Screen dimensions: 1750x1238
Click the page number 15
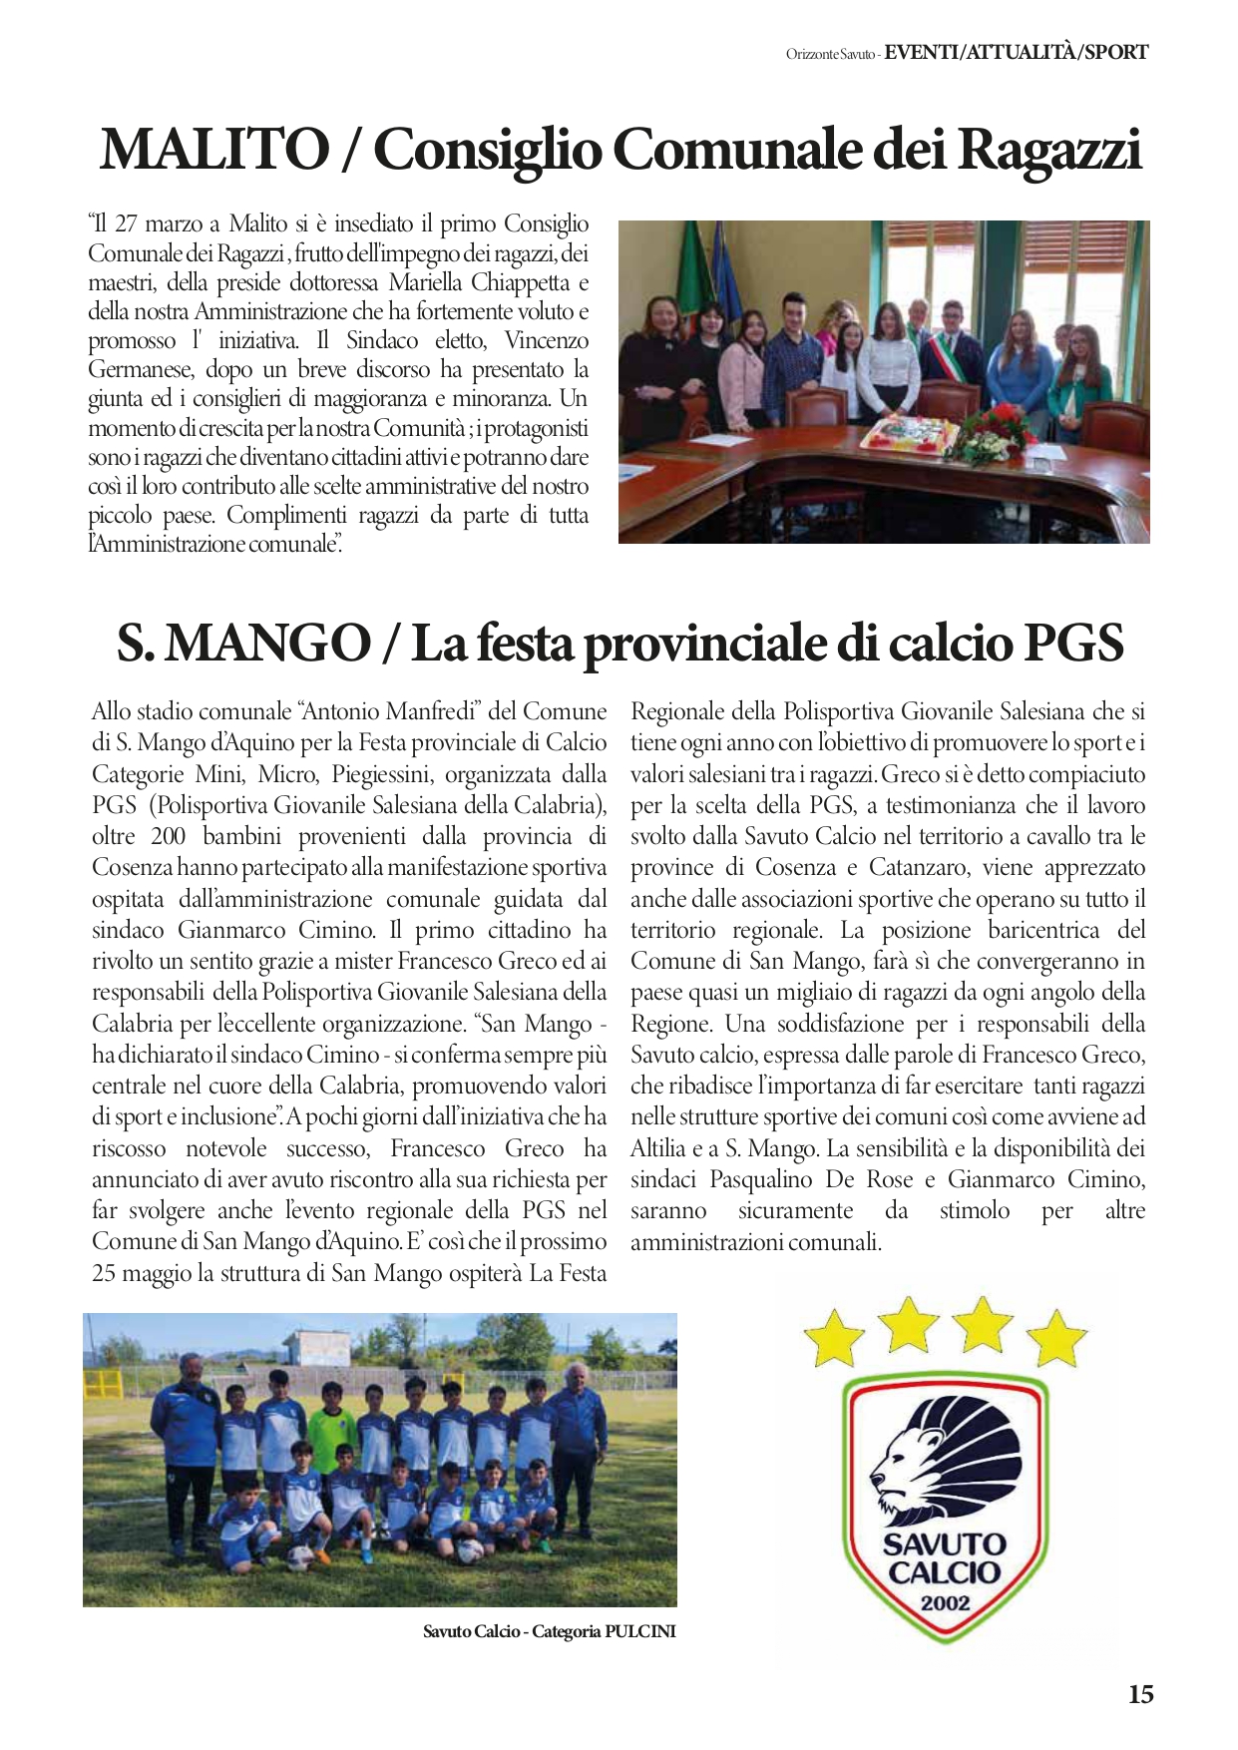pos(1140,1694)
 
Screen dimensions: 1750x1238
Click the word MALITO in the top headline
pos(213,151)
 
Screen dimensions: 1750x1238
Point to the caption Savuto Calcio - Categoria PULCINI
pos(549,1632)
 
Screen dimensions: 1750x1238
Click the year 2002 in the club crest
pos(945,1605)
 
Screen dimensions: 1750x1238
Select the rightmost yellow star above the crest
pos(1057,1338)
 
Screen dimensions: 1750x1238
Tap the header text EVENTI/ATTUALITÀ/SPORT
pos(1017,52)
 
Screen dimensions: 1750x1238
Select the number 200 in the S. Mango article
pos(169,836)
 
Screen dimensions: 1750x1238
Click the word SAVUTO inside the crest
pos(944,1544)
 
